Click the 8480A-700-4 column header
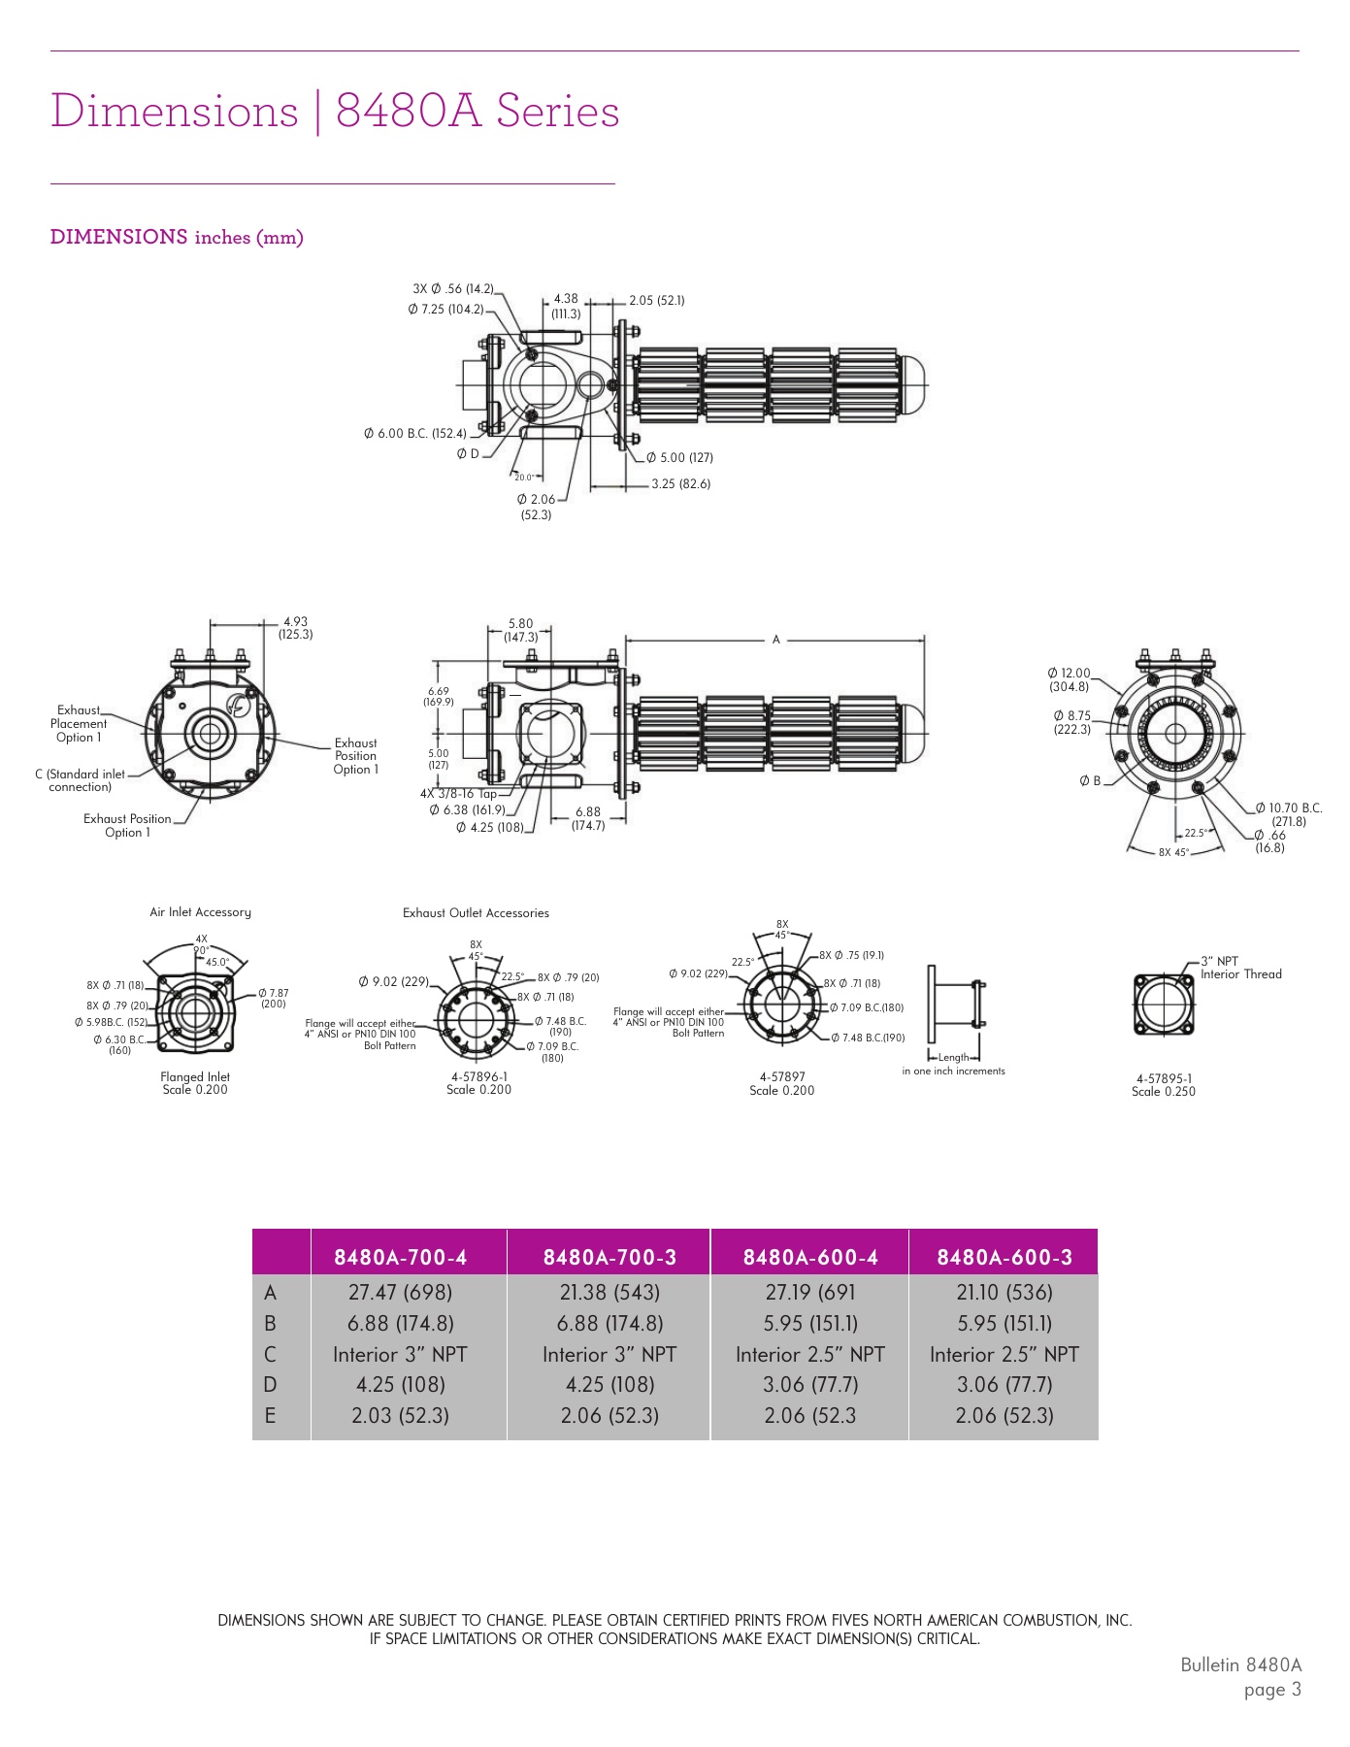[x=400, y=1257]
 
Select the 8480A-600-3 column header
[x=1004, y=1257]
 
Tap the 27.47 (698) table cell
[x=400, y=1292]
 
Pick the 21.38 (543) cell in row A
[x=609, y=1292]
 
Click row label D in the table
[x=270, y=1385]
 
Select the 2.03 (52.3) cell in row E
[x=400, y=1415]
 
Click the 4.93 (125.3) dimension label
[x=295, y=628]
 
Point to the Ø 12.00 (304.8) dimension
[x=1069, y=679]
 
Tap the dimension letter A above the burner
[x=775, y=640]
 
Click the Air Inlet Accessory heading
[x=200, y=912]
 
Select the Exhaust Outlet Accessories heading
[x=476, y=913]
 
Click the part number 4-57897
[x=782, y=1076]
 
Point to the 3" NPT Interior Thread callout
[x=1240, y=968]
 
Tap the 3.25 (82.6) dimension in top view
[x=680, y=483]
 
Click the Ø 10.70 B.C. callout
[x=1288, y=808]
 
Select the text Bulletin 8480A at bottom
[x=1240, y=1665]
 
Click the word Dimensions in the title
[x=175, y=111]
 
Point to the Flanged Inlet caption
[x=195, y=1076]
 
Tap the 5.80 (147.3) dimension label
[x=520, y=631]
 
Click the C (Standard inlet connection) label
[x=80, y=780]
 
